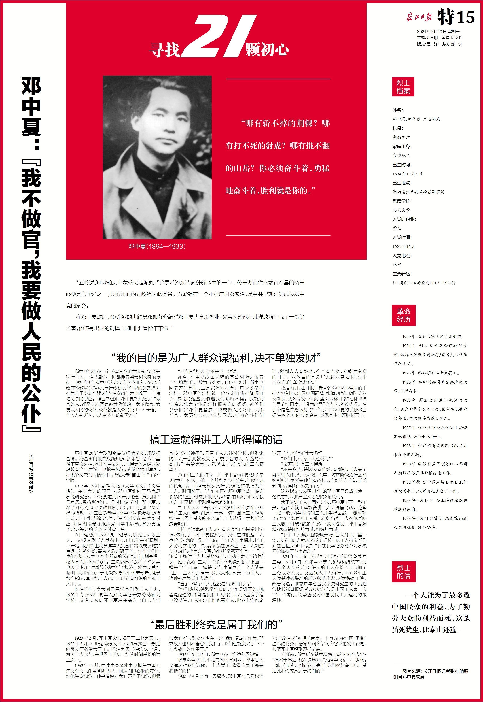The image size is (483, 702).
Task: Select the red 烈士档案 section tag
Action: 403,87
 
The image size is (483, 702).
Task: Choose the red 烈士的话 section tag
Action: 404,571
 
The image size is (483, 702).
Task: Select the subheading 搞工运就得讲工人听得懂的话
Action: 216,439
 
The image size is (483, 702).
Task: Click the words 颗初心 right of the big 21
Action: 267,50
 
